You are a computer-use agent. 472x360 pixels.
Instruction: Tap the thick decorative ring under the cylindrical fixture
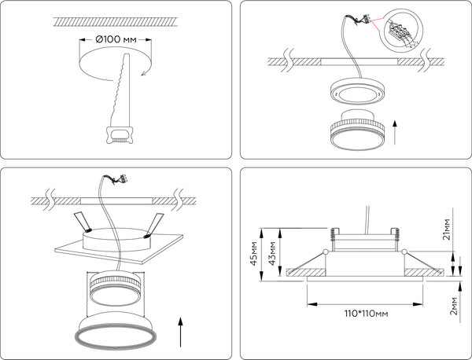click(116, 336)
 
